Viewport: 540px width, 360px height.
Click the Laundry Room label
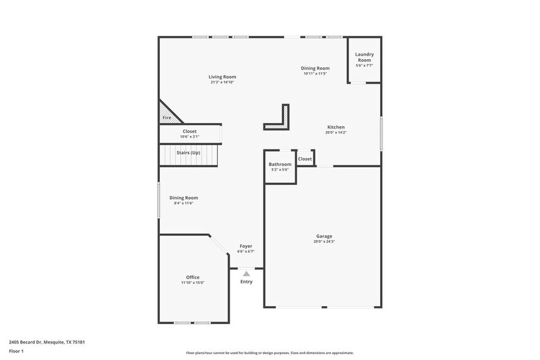[364, 57]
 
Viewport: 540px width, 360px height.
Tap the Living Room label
[222, 77]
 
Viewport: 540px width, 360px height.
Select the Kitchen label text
[336, 127]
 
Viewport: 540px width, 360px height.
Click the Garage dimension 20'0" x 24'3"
[324, 241]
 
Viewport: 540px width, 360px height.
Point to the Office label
[192, 277]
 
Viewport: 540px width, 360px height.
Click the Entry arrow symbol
[246, 274]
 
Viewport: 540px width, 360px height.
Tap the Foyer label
[246, 246]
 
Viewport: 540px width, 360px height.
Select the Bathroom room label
[280, 164]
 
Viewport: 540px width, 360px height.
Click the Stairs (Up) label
[188, 152]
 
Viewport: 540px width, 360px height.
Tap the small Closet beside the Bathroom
[305, 159]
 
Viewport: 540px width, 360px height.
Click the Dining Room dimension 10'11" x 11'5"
[315, 73]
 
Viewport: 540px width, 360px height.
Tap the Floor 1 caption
[16, 351]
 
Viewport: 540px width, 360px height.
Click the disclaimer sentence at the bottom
[269, 353]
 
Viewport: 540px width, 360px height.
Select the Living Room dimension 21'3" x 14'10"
[222, 82]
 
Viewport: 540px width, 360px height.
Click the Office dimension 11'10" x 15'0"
[192, 283]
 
